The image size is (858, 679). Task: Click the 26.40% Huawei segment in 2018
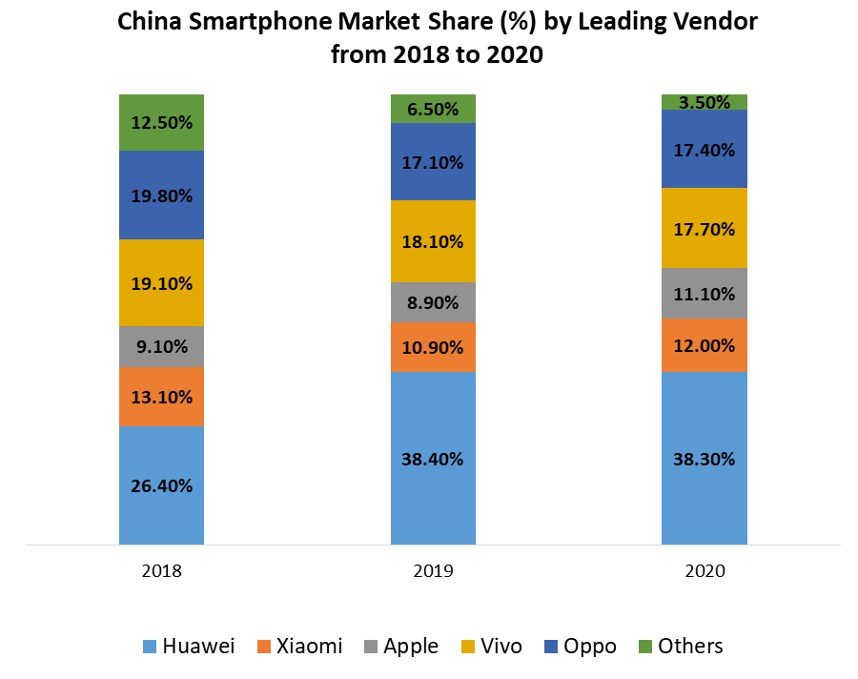click(x=161, y=485)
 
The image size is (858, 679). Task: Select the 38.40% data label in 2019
click(x=432, y=459)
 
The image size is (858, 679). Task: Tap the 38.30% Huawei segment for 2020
click(x=705, y=459)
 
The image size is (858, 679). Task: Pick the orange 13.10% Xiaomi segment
click(x=161, y=397)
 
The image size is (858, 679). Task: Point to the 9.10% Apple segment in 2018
click(x=161, y=347)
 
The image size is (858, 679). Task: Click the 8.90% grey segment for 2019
click(x=432, y=302)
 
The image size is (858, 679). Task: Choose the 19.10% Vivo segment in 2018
click(x=161, y=283)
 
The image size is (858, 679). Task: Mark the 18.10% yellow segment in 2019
click(x=432, y=241)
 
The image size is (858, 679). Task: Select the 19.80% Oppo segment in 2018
click(x=161, y=195)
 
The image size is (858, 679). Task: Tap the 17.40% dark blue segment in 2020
click(x=705, y=149)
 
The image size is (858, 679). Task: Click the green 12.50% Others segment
click(x=161, y=122)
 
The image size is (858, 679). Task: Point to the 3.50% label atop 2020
click(x=705, y=102)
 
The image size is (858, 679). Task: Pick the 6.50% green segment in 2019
click(x=432, y=109)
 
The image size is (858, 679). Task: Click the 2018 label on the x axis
click(x=161, y=572)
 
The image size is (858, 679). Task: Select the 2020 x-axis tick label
click(x=705, y=572)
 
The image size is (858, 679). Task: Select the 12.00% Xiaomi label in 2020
click(x=705, y=344)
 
